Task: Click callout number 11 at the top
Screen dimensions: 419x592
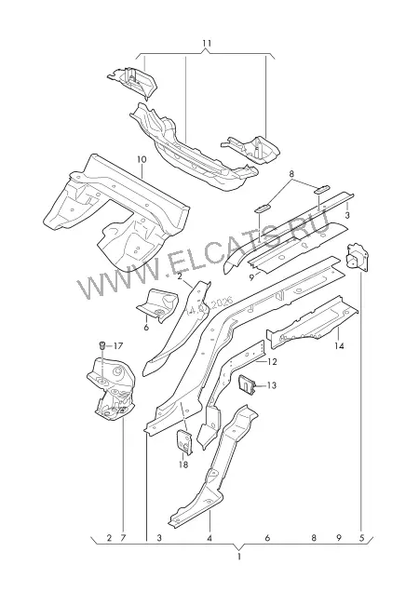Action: pyautogui.click(x=207, y=43)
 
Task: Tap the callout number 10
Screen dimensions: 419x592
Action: pyautogui.click(x=142, y=160)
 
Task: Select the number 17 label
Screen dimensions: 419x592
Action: pyautogui.click(x=118, y=345)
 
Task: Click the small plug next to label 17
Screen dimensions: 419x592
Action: pyautogui.click(x=102, y=345)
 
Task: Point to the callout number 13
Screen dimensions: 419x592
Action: pyautogui.click(x=271, y=385)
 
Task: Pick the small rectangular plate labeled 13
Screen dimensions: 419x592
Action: pyautogui.click(x=247, y=384)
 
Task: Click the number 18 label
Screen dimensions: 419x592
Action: pyautogui.click(x=183, y=464)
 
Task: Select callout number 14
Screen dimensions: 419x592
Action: pyautogui.click(x=339, y=345)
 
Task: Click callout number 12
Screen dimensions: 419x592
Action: pyautogui.click(x=272, y=362)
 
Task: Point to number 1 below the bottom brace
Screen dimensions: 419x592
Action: pyautogui.click(x=238, y=556)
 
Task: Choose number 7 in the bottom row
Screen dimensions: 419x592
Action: pyautogui.click(x=122, y=538)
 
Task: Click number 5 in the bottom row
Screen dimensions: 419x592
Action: pyautogui.click(x=361, y=538)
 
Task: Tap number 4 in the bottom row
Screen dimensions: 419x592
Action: pyautogui.click(x=209, y=538)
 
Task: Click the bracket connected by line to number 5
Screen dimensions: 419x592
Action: pyautogui.click(x=357, y=257)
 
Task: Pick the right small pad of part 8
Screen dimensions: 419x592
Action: pyautogui.click(x=322, y=189)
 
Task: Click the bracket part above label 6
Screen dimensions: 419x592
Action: pyautogui.click(x=158, y=304)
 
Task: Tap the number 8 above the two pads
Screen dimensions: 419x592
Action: pyautogui.click(x=291, y=174)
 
